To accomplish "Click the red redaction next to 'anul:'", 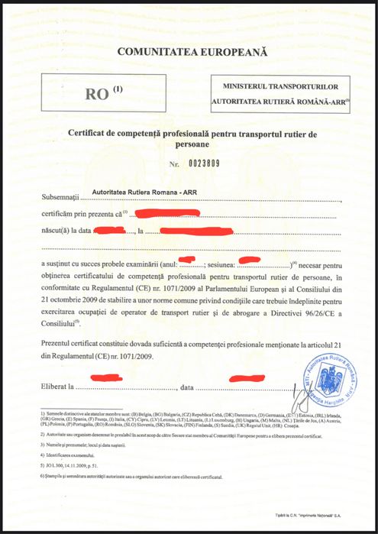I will pyautogui.click(x=189, y=261).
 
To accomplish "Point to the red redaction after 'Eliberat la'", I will pyautogui.click(x=107, y=377).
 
